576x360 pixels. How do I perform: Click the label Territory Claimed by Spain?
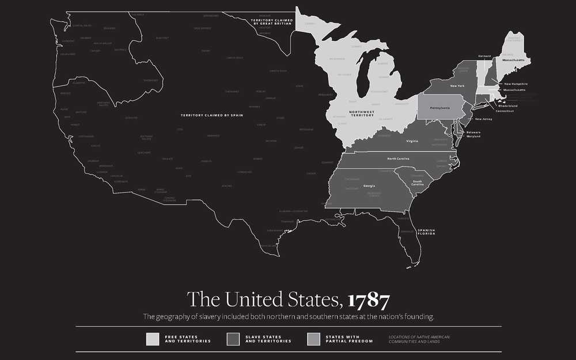point(212,115)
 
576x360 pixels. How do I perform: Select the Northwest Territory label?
point(362,113)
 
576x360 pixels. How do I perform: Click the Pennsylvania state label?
point(439,107)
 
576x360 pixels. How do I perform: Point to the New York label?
point(457,86)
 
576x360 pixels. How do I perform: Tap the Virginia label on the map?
point(412,141)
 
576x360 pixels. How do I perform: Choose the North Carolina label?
point(399,158)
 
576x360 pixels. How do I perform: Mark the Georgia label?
point(369,185)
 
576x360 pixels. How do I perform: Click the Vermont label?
point(484,56)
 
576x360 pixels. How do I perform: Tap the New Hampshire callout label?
point(516,84)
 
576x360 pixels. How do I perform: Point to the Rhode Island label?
point(507,105)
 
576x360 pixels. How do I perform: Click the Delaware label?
point(480,132)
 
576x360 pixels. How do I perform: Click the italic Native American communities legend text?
point(419,339)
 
